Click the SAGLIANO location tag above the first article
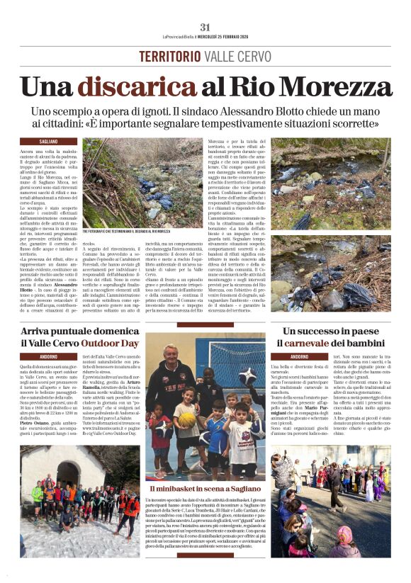tap(48, 142)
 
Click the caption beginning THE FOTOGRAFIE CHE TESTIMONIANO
tap(127, 251)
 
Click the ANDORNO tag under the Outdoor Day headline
tap(48, 356)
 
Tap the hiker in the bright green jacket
tap(36, 493)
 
